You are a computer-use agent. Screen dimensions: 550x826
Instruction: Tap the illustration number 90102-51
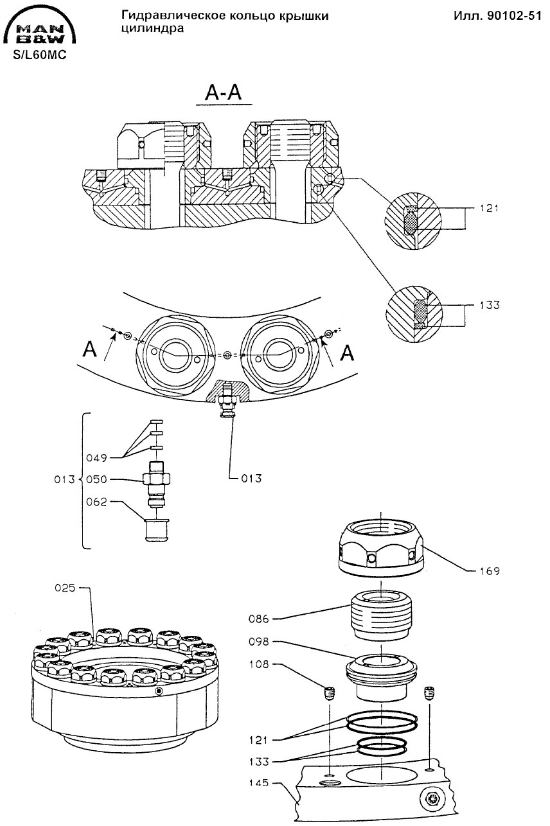click(x=514, y=16)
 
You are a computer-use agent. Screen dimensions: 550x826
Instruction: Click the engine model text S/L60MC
click(x=40, y=55)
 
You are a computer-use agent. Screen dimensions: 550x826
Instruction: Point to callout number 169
click(x=489, y=571)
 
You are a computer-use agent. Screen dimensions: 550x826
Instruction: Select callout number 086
click(x=259, y=619)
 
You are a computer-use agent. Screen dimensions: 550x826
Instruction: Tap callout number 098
click(x=259, y=642)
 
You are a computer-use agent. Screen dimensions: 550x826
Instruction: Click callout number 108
click(x=259, y=664)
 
